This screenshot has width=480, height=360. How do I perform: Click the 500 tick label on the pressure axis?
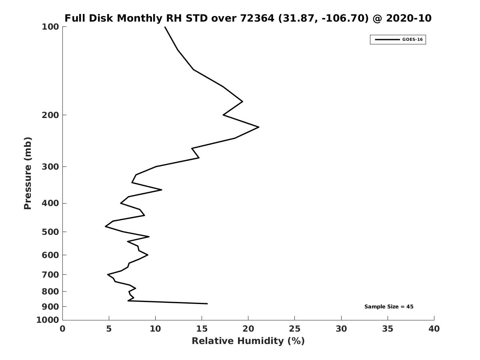coord(50,232)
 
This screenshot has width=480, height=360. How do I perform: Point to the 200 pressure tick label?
coord(50,115)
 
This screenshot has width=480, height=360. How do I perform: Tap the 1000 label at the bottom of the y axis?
coord(48,320)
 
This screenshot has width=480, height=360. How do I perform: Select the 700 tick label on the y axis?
coord(50,274)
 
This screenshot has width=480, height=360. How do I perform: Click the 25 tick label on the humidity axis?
coord(294,329)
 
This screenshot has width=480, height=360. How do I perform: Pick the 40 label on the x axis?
coord(434,329)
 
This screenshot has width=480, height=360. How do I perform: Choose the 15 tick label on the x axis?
coord(202,329)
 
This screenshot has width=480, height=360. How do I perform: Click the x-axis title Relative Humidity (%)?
coord(248,341)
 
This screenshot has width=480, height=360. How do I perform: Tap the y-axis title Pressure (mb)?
coord(28,173)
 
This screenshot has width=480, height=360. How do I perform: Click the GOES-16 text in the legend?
coord(412,40)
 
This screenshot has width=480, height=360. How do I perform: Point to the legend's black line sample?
coord(387,40)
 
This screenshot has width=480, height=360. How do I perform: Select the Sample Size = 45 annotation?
coord(389,307)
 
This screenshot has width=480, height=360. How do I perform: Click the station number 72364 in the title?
coord(257,18)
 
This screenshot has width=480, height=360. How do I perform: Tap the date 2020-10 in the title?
coord(409,18)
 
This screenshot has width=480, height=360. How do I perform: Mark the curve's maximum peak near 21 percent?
coord(259,127)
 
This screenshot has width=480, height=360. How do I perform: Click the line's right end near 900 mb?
coord(207,304)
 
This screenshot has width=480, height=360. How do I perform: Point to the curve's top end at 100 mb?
coord(165,27)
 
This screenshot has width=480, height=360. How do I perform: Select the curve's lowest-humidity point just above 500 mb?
coord(106,226)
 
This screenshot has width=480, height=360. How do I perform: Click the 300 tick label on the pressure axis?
coord(50,167)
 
